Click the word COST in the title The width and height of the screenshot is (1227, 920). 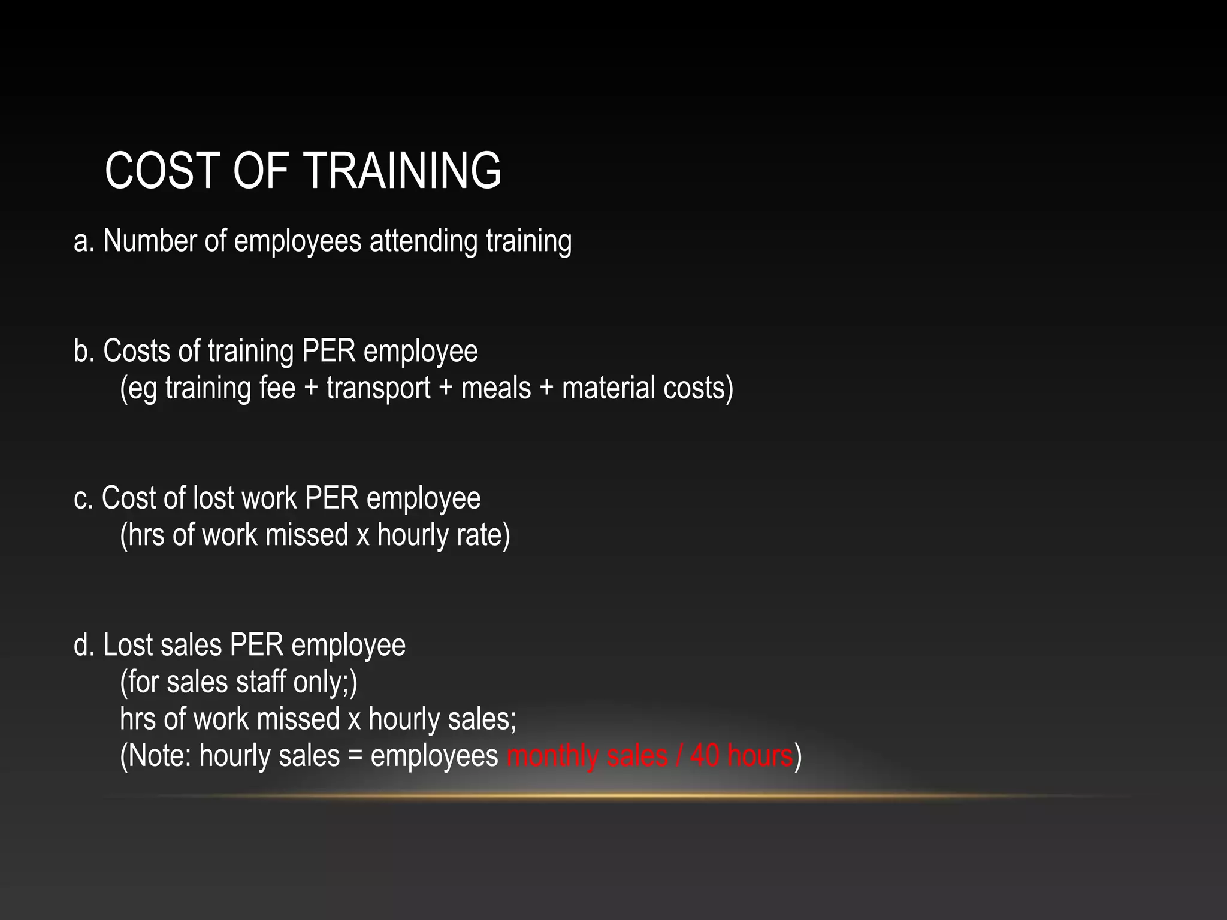click(x=161, y=171)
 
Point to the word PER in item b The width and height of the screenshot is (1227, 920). click(x=329, y=351)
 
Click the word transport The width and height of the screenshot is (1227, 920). click(x=378, y=388)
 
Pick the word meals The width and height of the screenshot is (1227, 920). click(x=495, y=388)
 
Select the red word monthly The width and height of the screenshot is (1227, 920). click(x=552, y=755)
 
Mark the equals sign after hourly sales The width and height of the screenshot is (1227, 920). click(x=355, y=755)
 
